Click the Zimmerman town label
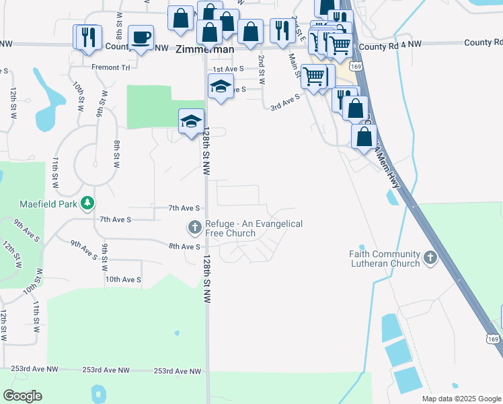click(205, 50)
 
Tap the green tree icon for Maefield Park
click(87, 202)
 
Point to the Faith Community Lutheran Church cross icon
click(430, 257)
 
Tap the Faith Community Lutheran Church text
click(384, 259)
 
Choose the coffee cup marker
click(141, 38)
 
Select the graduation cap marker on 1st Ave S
click(221, 87)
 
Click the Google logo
click(22, 396)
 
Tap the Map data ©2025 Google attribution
click(461, 399)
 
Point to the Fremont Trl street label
click(110, 68)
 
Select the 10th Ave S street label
click(123, 279)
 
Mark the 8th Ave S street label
click(185, 247)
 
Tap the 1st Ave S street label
click(228, 70)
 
